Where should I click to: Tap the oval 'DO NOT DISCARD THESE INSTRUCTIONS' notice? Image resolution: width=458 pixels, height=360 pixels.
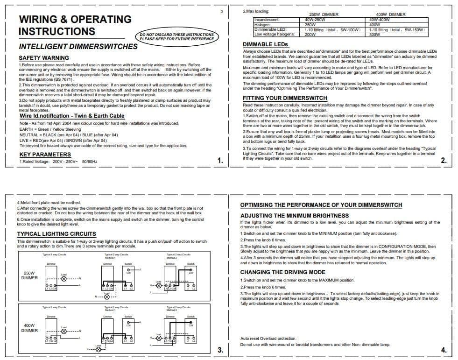pos(177,36)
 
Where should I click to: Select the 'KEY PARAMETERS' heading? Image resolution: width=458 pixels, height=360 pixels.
pos(45,154)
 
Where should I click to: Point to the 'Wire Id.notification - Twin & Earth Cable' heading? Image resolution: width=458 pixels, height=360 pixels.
pos(72,116)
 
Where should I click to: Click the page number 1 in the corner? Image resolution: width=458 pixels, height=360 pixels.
pos(220,161)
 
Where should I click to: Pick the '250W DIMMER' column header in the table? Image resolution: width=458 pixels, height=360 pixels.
pos(324,14)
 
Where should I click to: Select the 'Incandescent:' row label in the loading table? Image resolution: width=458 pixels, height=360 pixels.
pos(267,20)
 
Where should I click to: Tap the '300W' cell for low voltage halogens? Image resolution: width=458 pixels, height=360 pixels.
pos(374,35)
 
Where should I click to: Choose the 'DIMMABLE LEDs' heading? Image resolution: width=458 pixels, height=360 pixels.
pos(266,44)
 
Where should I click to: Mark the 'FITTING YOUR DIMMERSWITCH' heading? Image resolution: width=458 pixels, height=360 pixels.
pos(285,98)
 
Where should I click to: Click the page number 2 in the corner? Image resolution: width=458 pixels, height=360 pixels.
pos(444,161)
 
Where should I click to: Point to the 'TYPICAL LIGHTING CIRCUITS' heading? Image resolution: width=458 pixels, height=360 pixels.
pos(56,234)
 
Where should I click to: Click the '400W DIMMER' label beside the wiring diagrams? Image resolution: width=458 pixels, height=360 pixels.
pos(29,328)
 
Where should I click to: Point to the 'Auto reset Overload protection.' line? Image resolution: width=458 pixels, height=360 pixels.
pos(268,339)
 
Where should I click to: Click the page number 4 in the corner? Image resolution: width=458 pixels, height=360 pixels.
pos(444,350)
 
